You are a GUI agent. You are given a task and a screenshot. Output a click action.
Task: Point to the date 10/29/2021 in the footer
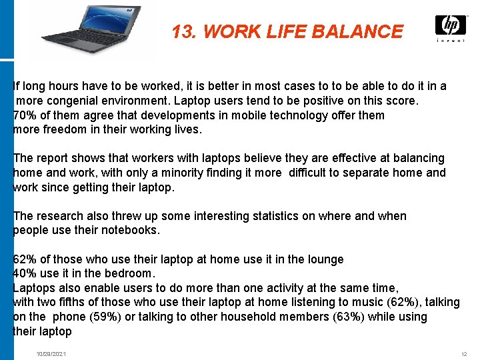click(51, 353)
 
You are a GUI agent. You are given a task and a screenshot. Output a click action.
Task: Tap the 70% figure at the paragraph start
click(24, 115)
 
